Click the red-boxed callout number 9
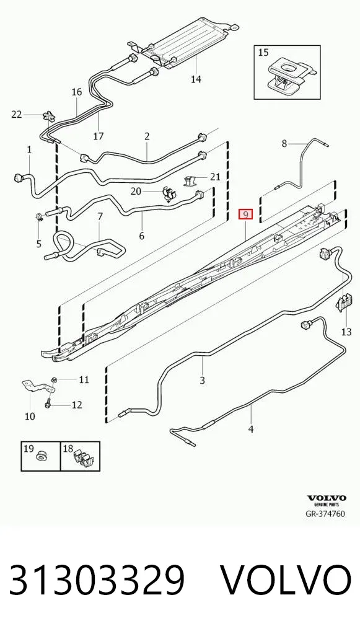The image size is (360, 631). [245, 214]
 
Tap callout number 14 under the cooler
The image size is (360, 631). [196, 79]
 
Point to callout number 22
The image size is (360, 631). [16, 115]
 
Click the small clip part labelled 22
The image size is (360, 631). [48, 117]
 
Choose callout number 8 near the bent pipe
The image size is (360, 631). [284, 143]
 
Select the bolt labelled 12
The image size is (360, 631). [48, 403]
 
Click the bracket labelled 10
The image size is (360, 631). [36, 386]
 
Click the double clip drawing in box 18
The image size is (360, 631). [81, 458]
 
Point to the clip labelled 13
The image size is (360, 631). [342, 302]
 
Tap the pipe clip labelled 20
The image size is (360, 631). [167, 194]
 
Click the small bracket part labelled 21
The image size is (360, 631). [191, 180]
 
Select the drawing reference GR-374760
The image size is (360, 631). [325, 514]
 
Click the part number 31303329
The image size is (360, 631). [97, 580]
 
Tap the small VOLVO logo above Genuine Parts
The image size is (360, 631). [327, 498]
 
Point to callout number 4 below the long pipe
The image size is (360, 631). [250, 430]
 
